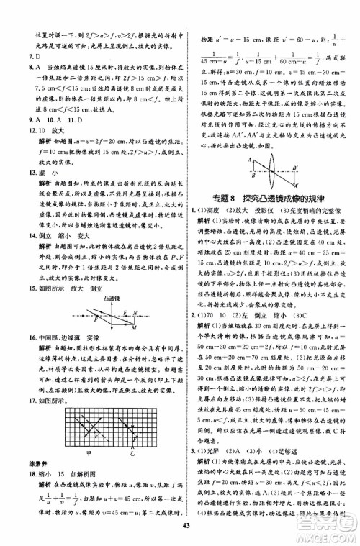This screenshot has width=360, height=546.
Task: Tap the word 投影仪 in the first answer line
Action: point(266,208)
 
